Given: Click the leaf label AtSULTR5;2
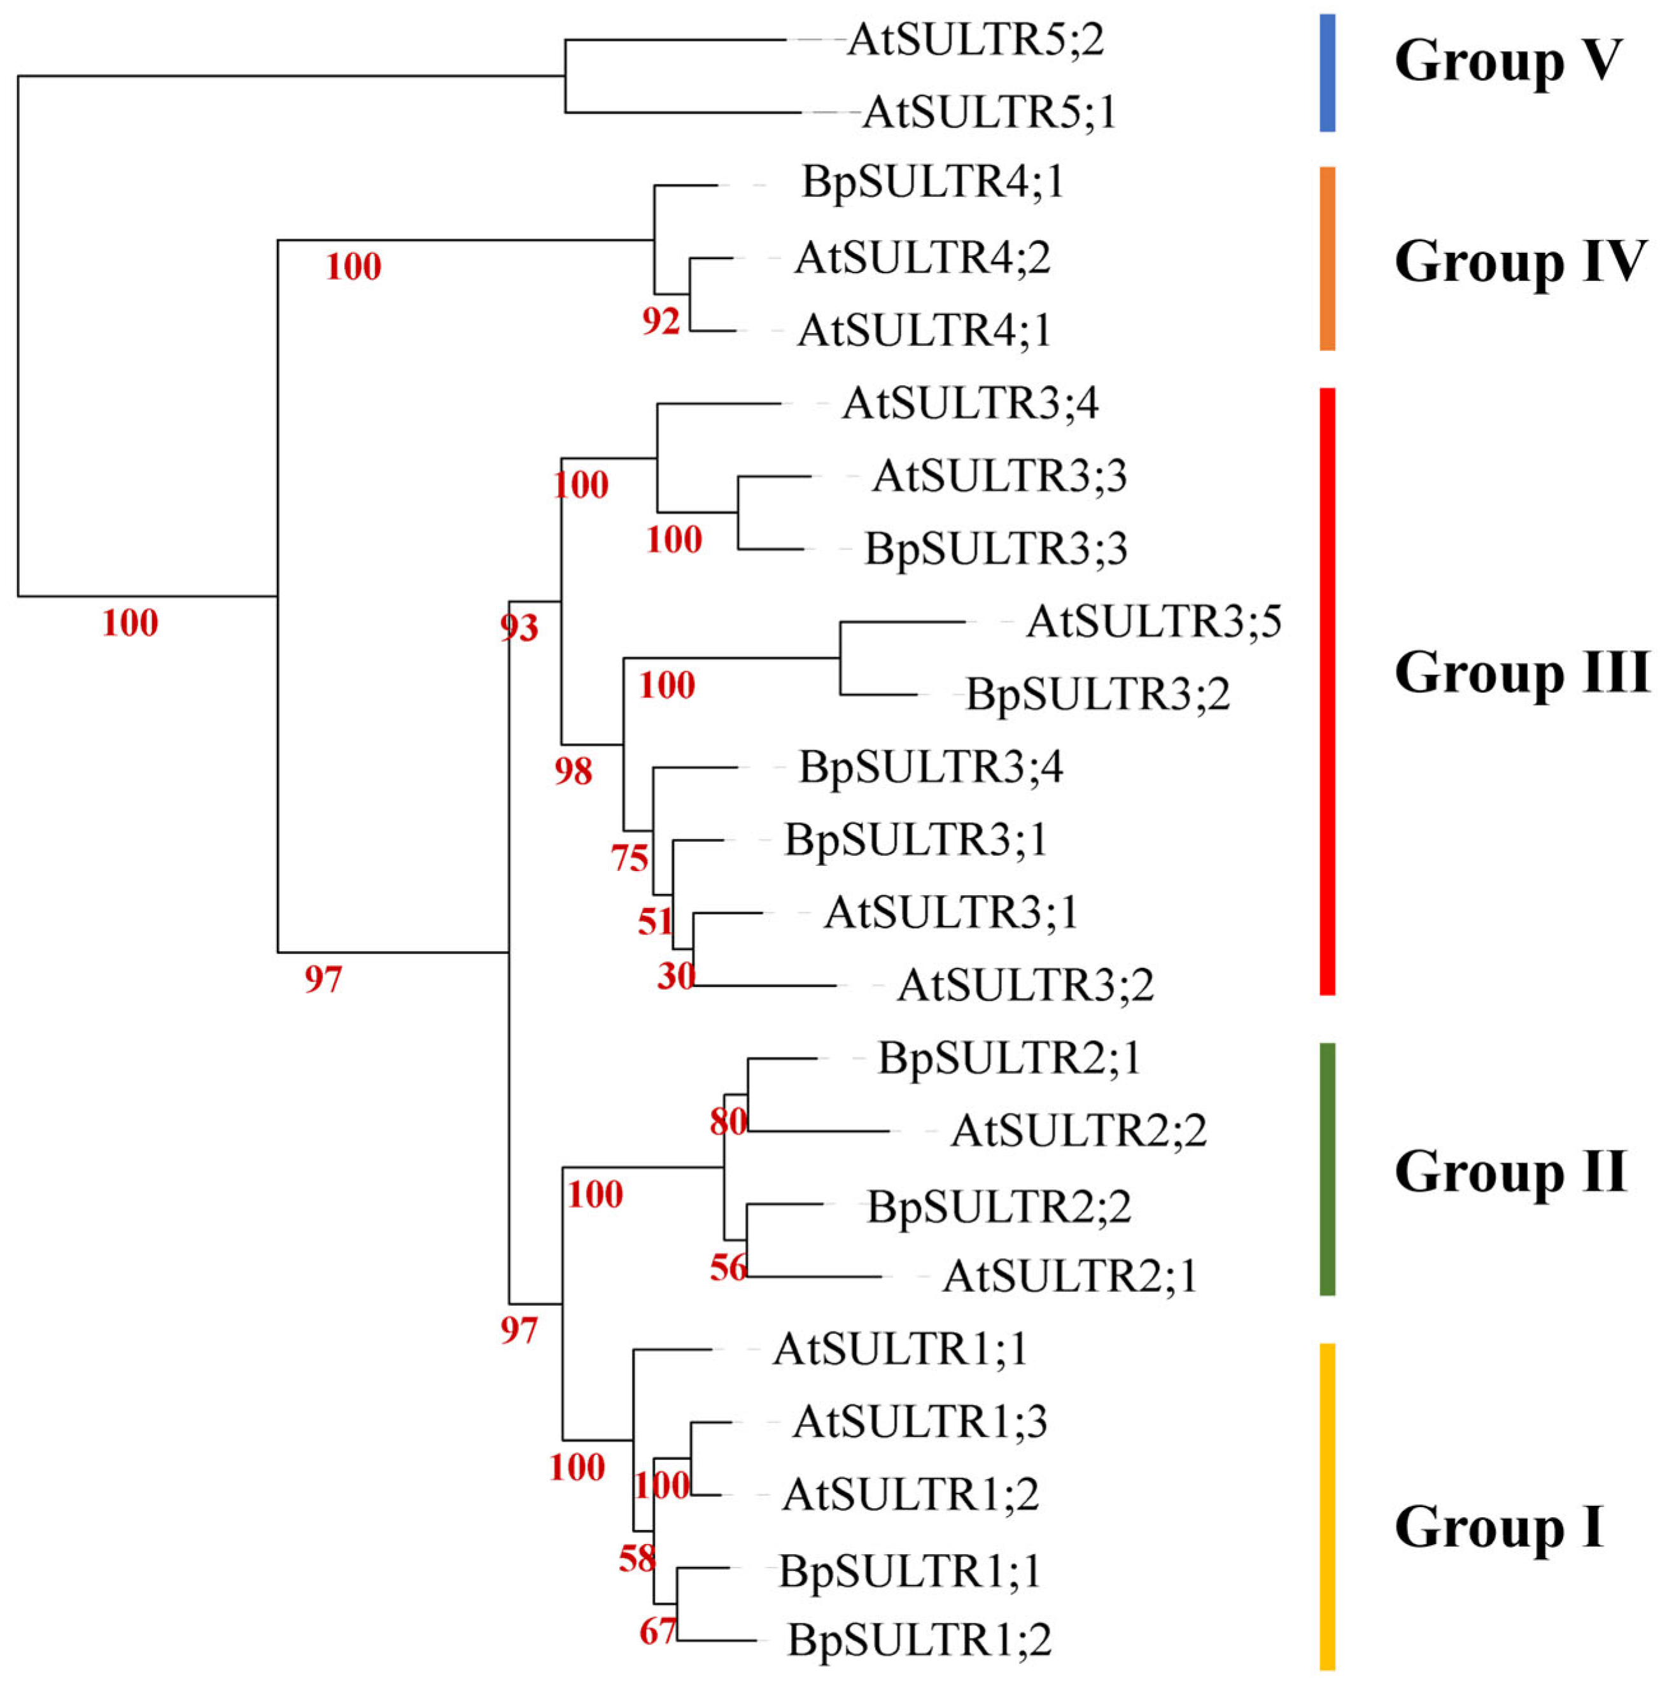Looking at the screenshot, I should [974, 40].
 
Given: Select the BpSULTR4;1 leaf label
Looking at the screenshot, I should [932, 182].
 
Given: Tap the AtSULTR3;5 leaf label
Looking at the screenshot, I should [1153, 622].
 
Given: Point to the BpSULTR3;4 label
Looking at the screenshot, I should [931, 768].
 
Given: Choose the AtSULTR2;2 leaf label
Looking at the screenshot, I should [1078, 1131].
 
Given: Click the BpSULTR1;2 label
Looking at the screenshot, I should [919, 1641].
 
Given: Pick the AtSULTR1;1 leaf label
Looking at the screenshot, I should [900, 1349].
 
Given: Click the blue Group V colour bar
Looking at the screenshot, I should [1327, 73].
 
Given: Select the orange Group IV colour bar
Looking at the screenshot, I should [1327, 259].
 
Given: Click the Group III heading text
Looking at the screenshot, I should [1521, 673].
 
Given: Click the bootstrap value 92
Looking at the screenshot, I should [660, 322].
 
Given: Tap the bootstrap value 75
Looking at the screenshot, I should [630, 859].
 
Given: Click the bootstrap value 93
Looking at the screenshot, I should [519, 627].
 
